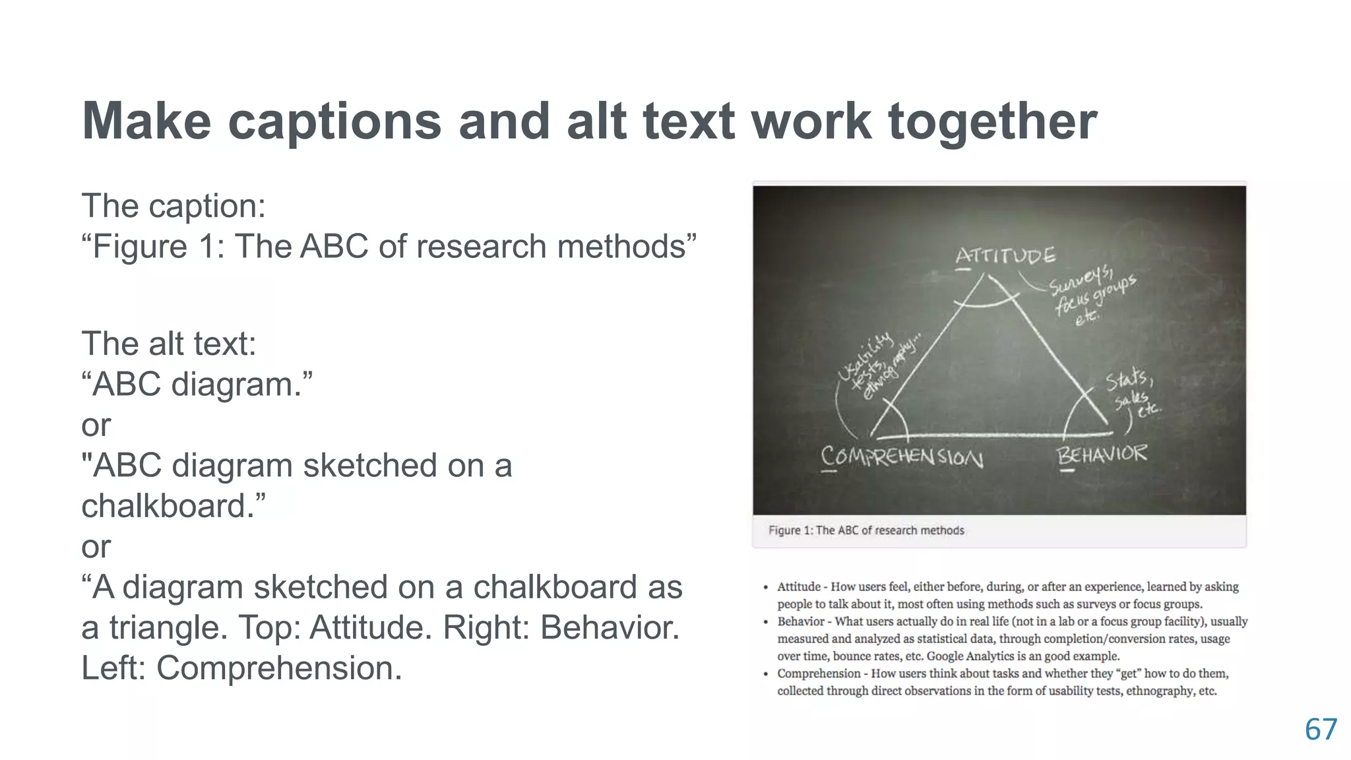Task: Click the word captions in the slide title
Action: tap(334, 122)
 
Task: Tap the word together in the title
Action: tap(992, 122)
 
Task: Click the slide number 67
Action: tap(1321, 730)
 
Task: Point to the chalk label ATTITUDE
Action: tap(1005, 256)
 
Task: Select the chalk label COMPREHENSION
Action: tap(902, 457)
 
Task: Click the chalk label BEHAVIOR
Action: tap(1102, 455)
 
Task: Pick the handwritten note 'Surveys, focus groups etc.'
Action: tap(1092, 296)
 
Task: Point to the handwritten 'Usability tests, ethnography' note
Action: tap(877, 367)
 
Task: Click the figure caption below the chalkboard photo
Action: tap(866, 530)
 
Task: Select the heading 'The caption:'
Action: tap(173, 206)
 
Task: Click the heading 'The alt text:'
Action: tap(169, 344)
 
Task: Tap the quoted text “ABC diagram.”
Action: tap(197, 385)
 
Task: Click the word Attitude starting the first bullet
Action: tap(799, 586)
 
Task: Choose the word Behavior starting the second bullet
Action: tap(800, 621)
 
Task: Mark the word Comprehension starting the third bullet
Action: tap(819, 674)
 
